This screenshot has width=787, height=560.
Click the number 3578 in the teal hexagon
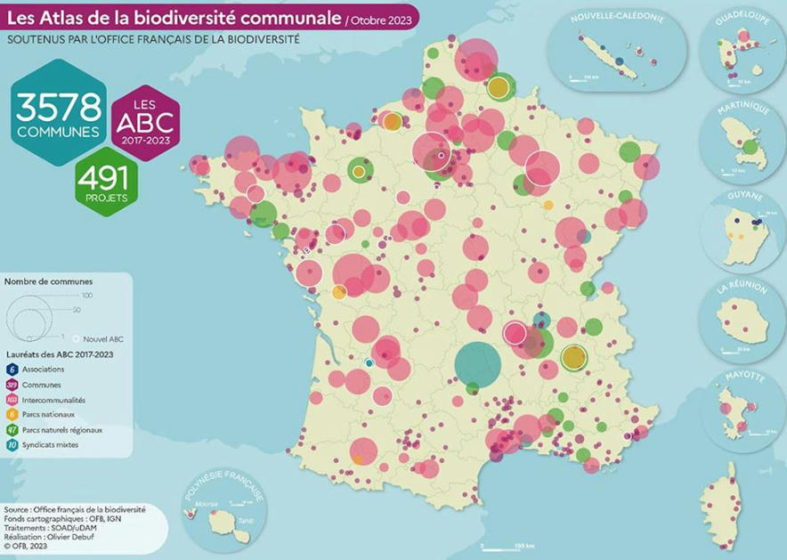[x=58, y=109]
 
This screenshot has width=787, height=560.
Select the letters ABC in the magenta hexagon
[x=146, y=123]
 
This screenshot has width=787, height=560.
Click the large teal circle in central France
[x=477, y=364]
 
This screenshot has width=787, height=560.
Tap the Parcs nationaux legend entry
[x=47, y=415]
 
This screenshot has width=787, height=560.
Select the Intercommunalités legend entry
[x=55, y=400]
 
